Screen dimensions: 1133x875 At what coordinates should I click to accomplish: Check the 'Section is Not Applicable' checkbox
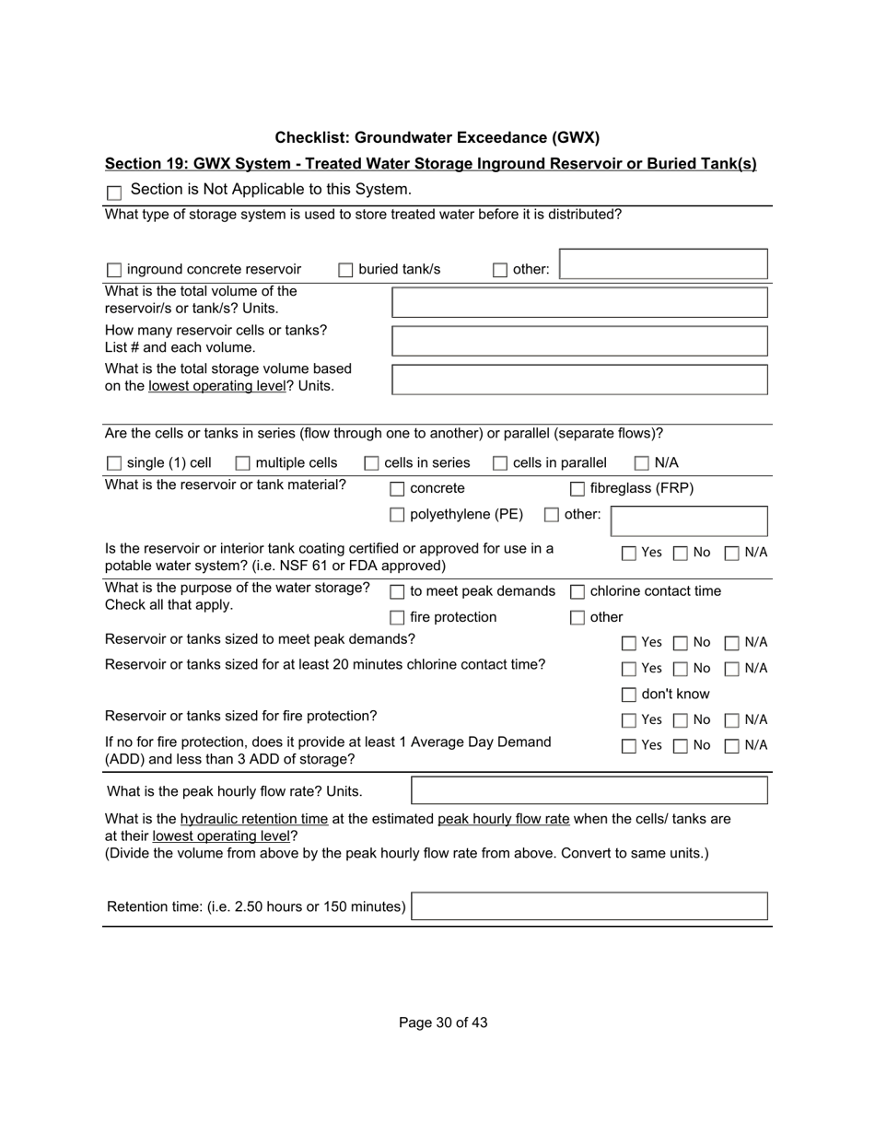coord(114,193)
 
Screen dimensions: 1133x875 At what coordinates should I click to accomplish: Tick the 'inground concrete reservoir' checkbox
coord(114,271)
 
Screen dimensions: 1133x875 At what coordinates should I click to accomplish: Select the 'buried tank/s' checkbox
coord(345,271)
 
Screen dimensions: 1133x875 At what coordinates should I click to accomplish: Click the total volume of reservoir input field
coord(579,302)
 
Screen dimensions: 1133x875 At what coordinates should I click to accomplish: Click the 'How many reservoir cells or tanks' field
coord(579,341)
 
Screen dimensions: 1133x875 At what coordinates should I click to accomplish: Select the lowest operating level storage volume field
coord(579,380)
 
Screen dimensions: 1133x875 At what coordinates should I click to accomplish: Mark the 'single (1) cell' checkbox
coord(114,463)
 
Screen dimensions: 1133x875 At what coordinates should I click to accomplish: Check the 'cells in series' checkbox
coord(372,463)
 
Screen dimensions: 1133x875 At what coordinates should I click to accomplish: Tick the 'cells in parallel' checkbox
coord(500,463)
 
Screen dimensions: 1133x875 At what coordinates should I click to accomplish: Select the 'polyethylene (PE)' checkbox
coord(397,515)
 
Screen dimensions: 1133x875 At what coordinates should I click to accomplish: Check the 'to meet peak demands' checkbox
coord(397,592)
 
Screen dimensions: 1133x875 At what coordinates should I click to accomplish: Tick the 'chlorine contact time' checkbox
coord(577,592)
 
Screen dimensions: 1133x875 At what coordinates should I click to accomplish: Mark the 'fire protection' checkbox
coord(397,618)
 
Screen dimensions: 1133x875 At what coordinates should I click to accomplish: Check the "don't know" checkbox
coord(629,695)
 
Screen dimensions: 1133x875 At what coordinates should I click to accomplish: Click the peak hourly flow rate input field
coord(589,790)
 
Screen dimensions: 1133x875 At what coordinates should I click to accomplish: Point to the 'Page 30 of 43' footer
coord(443,1022)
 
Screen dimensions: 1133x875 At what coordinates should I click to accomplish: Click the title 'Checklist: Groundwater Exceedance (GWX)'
coord(437,138)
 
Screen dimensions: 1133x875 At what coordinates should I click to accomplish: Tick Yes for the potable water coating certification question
coord(629,554)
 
